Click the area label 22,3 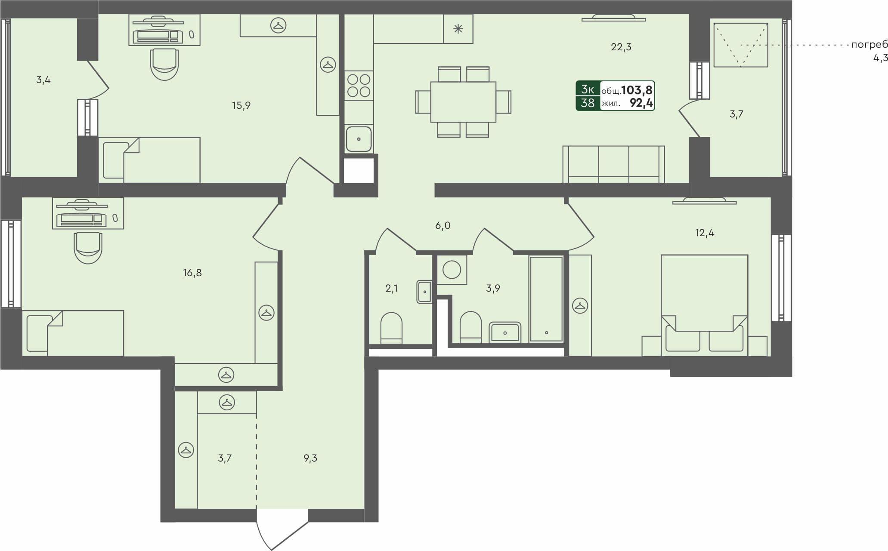pos(621,47)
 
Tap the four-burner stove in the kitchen pos(359,86)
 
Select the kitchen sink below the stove pos(359,139)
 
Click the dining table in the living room pos(463,102)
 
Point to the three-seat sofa pos(613,165)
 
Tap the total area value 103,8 pos(637,90)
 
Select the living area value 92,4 pos(641,103)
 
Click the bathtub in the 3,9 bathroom pos(546,299)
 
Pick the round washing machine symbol pos(452,270)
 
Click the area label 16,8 pos(192,273)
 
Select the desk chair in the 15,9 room pos(164,65)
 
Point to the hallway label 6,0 pos(442,225)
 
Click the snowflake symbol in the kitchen pos(458,29)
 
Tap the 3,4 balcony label pos(43,80)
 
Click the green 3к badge pos(588,89)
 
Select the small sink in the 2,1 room pos(424,292)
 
